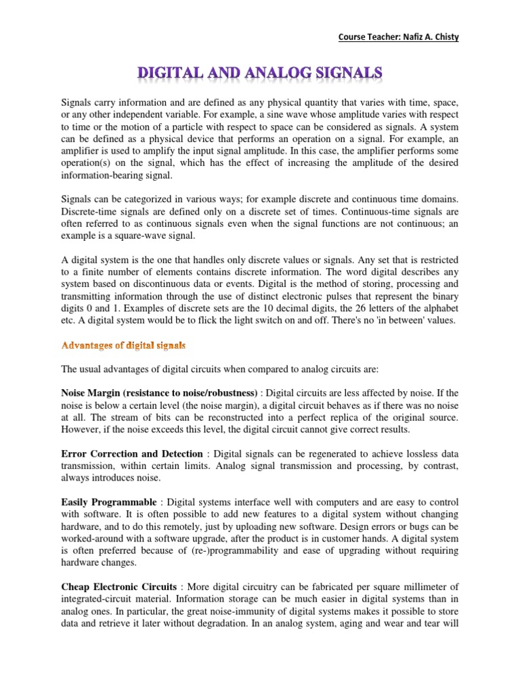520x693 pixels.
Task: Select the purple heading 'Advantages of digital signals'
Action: [123, 345]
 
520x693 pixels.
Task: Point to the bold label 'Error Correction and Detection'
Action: [132, 453]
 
